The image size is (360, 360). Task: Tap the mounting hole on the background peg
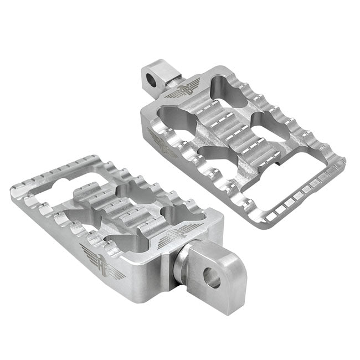pyautogui.click(x=150, y=78)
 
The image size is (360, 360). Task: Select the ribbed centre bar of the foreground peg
pyautogui.click(x=116, y=210)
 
